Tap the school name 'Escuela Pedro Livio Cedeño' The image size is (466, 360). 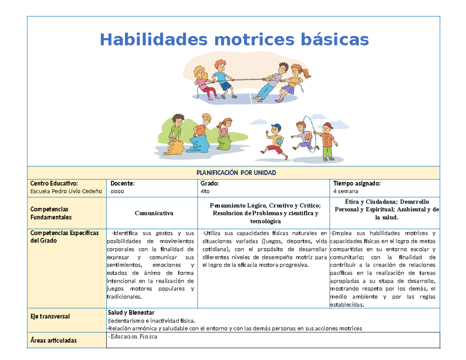point(66,191)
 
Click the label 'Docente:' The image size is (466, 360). point(123,183)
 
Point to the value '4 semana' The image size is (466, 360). point(346,191)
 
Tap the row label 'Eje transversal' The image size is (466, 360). point(50,317)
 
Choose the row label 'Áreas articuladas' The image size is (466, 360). point(53,341)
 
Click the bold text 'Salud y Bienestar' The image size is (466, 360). point(131,313)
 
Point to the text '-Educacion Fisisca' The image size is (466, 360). point(132,336)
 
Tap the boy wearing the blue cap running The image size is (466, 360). point(275,141)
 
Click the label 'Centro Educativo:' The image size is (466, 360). point(54,183)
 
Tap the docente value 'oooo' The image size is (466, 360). point(115,191)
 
